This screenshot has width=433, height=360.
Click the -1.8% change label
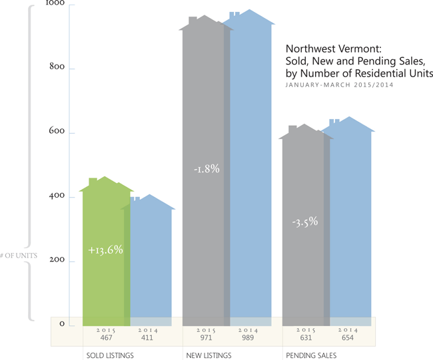click(x=207, y=169)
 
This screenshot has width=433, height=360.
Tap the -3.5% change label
click(x=305, y=222)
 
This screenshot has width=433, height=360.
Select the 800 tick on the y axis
click(x=57, y=67)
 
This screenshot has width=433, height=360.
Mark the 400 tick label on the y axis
click(x=57, y=196)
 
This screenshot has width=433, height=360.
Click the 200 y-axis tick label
click(x=57, y=260)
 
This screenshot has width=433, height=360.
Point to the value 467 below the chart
click(x=106, y=337)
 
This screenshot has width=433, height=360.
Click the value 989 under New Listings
click(x=248, y=337)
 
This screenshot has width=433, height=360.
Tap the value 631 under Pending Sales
click(x=306, y=337)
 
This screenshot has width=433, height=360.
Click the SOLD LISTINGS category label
click(x=110, y=355)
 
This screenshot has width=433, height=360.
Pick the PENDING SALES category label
click(x=310, y=355)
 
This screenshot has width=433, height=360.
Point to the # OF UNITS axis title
click(x=19, y=255)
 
